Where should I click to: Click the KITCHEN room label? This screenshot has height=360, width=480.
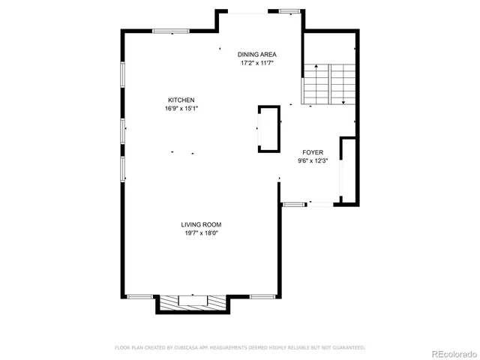click(181, 100)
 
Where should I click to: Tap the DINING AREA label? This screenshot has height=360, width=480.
click(257, 55)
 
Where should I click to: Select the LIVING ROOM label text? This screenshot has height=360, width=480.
click(201, 224)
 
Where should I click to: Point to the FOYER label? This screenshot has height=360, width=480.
click(313, 151)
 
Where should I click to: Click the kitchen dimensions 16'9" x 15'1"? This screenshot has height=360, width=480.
click(181, 109)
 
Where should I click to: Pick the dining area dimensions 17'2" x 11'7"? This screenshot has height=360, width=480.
click(257, 64)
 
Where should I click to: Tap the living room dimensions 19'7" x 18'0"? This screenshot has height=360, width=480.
click(201, 233)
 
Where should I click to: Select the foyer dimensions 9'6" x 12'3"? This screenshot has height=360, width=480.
click(313, 160)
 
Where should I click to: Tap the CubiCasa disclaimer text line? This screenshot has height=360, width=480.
click(239, 347)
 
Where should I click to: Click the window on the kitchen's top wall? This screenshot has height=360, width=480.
click(171, 31)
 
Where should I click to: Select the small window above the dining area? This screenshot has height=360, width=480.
click(287, 11)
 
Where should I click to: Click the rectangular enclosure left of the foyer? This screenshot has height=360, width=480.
click(268, 129)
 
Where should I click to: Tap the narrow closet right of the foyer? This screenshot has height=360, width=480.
click(346, 170)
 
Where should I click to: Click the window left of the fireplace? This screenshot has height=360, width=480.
click(139, 296)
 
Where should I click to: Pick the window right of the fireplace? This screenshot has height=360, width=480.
click(262, 296)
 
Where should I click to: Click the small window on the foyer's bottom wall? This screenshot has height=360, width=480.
click(294, 203)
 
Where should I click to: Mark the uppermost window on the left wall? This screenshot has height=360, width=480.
click(123, 75)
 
